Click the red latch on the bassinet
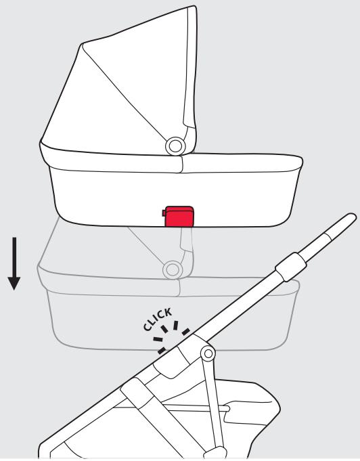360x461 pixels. click(x=179, y=217)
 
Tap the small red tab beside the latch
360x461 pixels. click(x=164, y=213)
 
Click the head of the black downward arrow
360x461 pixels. click(x=14, y=283)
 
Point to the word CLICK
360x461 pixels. click(x=158, y=320)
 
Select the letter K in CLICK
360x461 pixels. click(x=168, y=312)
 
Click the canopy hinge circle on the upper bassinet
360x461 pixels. click(x=175, y=146)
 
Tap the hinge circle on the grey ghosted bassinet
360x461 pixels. click(x=173, y=270)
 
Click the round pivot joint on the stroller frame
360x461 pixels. click(x=208, y=353)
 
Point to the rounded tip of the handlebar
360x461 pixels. click(x=351, y=218)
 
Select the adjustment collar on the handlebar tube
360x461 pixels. click(x=291, y=267)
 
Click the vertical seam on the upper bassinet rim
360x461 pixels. click(x=182, y=164)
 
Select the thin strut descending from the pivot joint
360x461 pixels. click(x=213, y=404)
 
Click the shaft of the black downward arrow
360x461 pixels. click(x=14, y=257)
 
